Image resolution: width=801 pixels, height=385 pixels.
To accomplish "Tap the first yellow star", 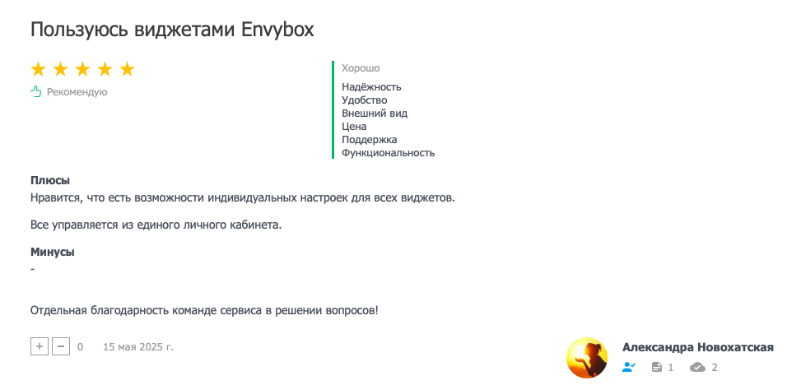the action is pyautogui.click(x=39, y=69).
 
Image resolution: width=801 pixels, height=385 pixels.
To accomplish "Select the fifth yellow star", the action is pyautogui.click(x=127, y=69).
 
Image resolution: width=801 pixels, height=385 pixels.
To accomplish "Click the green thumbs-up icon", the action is pyautogui.click(x=35, y=92).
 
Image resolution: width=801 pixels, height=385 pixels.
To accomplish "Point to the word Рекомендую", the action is pyautogui.click(x=77, y=92).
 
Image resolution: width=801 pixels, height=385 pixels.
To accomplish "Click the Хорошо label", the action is pyautogui.click(x=361, y=68).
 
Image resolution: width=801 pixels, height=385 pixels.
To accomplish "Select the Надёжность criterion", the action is pyautogui.click(x=371, y=87).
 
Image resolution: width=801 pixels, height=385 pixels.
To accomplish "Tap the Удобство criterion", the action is pyautogui.click(x=364, y=100).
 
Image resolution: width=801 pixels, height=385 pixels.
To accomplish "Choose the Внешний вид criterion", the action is pyautogui.click(x=375, y=114).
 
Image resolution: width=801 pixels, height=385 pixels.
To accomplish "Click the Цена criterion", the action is pyautogui.click(x=354, y=127).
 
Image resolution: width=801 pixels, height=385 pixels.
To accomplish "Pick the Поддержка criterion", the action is pyautogui.click(x=370, y=140).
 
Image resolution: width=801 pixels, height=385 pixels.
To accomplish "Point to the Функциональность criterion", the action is pyautogui.click(x=389, y=153).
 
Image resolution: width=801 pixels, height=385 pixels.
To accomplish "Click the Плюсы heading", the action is pyautogui.click(x=50, y=181).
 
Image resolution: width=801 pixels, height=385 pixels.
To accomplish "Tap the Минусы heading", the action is pyautogui.click(x=53, y=252).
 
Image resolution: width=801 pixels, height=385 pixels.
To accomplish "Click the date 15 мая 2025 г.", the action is pyautogui.click(x=138, y=347).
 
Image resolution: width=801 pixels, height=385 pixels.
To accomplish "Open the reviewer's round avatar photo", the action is pyautogui.click(x=588, y=357).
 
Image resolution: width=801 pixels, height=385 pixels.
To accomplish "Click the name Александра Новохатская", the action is pyautogui.click(x=698, y=347).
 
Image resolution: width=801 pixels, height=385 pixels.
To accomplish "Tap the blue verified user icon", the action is pyautogui.click(x=629, y=367).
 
